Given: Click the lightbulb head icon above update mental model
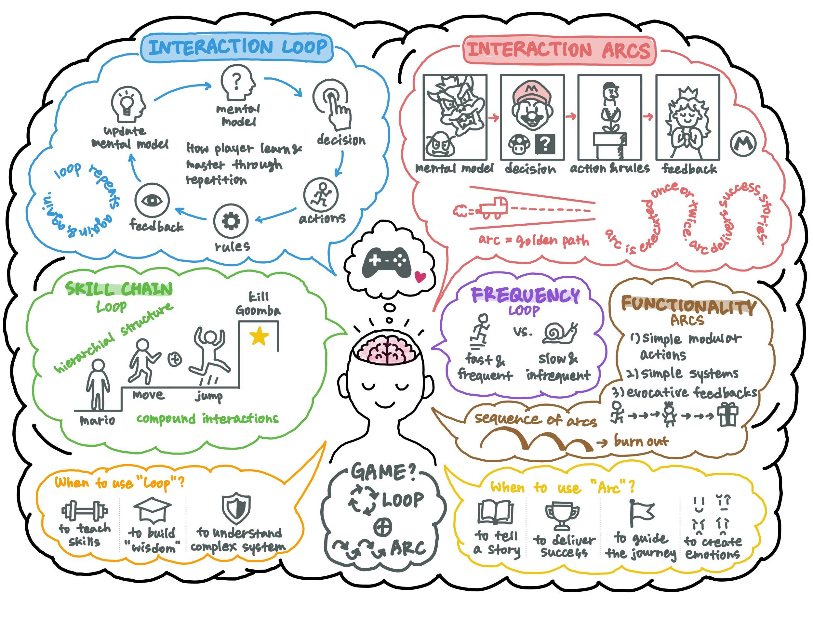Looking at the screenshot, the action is click(128, 105).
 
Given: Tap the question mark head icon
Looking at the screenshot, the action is click(238, 83).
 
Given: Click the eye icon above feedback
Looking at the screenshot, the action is click(152, 201).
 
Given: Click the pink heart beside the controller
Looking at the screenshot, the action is click(420, 276).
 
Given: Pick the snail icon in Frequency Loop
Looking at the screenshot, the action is click(559, 333).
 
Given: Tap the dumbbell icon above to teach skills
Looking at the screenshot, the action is click(85, 511).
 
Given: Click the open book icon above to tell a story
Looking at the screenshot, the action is click(495, 512).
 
